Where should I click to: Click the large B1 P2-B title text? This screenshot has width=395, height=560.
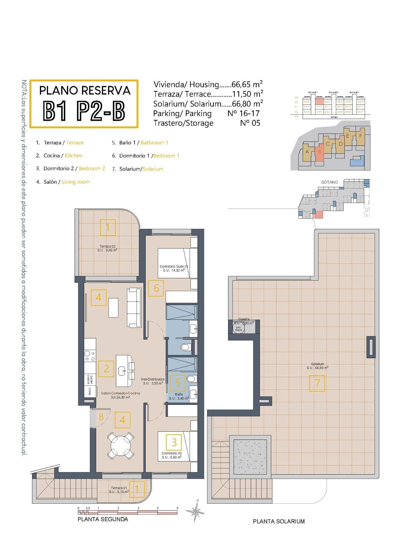(84, 111)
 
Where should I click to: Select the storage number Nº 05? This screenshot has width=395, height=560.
(250, 123)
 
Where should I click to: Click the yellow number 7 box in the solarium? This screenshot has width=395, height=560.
(317, 383)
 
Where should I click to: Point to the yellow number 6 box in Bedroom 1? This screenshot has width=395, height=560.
(156, 288)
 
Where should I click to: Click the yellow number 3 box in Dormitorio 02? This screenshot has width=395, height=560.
(174, 442)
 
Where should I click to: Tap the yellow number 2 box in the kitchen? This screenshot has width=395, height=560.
(106, 369)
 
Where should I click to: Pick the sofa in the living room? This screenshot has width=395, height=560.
(134, 307)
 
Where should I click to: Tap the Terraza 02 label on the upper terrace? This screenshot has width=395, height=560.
(107, 246)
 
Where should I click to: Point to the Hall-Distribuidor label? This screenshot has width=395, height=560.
(153, 379)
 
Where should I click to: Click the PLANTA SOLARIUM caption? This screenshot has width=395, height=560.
(278, 521)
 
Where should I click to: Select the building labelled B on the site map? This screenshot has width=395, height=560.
(320, 152)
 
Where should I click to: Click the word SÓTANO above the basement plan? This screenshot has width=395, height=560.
(329, 182)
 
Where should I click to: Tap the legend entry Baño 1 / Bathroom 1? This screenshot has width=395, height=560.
(140, 143)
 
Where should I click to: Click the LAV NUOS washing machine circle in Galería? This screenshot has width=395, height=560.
(238, 328)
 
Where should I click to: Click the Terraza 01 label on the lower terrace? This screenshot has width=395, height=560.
(119, 488)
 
